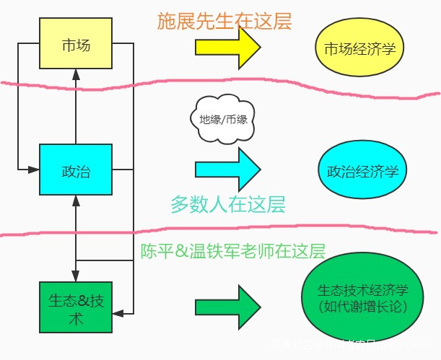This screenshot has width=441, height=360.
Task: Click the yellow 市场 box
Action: click(76, 45)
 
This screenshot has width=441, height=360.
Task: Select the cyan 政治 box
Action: click(76, 170)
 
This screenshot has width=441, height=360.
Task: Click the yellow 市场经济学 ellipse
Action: click(359, 48)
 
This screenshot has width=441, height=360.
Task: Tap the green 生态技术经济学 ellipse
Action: click(363, 298)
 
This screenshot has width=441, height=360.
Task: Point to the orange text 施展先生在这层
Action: click(224, 21)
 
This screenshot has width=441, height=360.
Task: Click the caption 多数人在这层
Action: click(228, 205)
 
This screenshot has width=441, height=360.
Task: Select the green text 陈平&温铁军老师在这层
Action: click(232, 251)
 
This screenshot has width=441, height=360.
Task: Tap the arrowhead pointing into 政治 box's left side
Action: click(34, 170)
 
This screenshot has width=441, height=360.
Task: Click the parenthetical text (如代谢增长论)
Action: click(363, 306)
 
